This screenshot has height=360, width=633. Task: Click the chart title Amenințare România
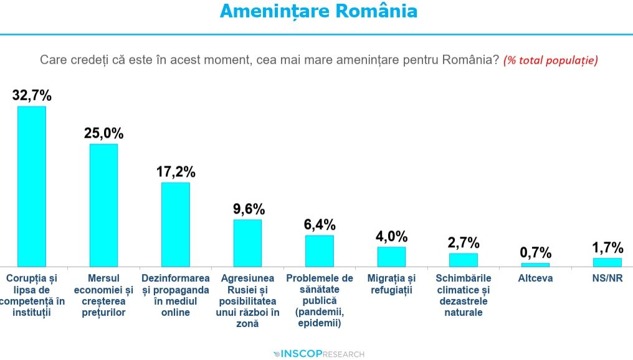click(318, 11)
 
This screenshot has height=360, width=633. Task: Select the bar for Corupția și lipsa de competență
click(31, 186)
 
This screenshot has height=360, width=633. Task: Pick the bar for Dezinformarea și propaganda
click(175, 224)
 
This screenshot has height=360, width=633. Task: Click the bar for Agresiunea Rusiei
click(247, 243)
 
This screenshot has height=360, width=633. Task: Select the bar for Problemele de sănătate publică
click(319, 250)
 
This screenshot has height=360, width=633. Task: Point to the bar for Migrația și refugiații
click(391, 257)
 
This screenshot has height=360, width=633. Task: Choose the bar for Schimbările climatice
click(463, 260)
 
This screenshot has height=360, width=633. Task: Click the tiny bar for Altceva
click(535, 265)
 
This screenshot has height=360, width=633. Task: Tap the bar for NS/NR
click(607, 262)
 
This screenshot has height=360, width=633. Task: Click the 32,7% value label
click(32, 95)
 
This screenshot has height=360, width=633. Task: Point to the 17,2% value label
click(176, 171)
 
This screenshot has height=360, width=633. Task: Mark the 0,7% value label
click(536, 252)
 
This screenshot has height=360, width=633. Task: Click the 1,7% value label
click(607, 247)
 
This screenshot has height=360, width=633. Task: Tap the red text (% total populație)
click(551, 60)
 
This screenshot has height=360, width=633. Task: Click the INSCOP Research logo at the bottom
click(318, 354)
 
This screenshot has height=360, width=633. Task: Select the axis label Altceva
click(535, 278)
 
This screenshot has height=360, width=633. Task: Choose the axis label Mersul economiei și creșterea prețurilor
click(103, 295)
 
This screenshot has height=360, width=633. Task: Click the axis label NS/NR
click(607, 278)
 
